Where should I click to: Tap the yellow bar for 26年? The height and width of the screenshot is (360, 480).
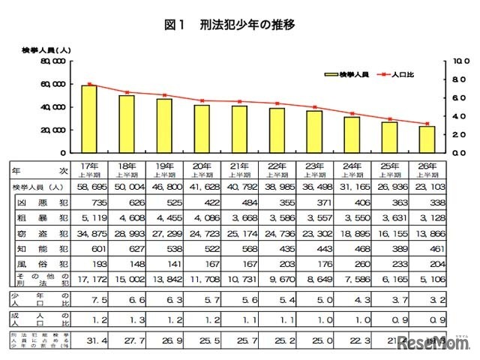click(427, 139)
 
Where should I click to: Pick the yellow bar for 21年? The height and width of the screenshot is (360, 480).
click(239, 128)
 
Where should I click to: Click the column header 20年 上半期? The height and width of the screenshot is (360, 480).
click(202, 169)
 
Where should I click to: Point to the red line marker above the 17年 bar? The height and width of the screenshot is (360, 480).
click(89, 84)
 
